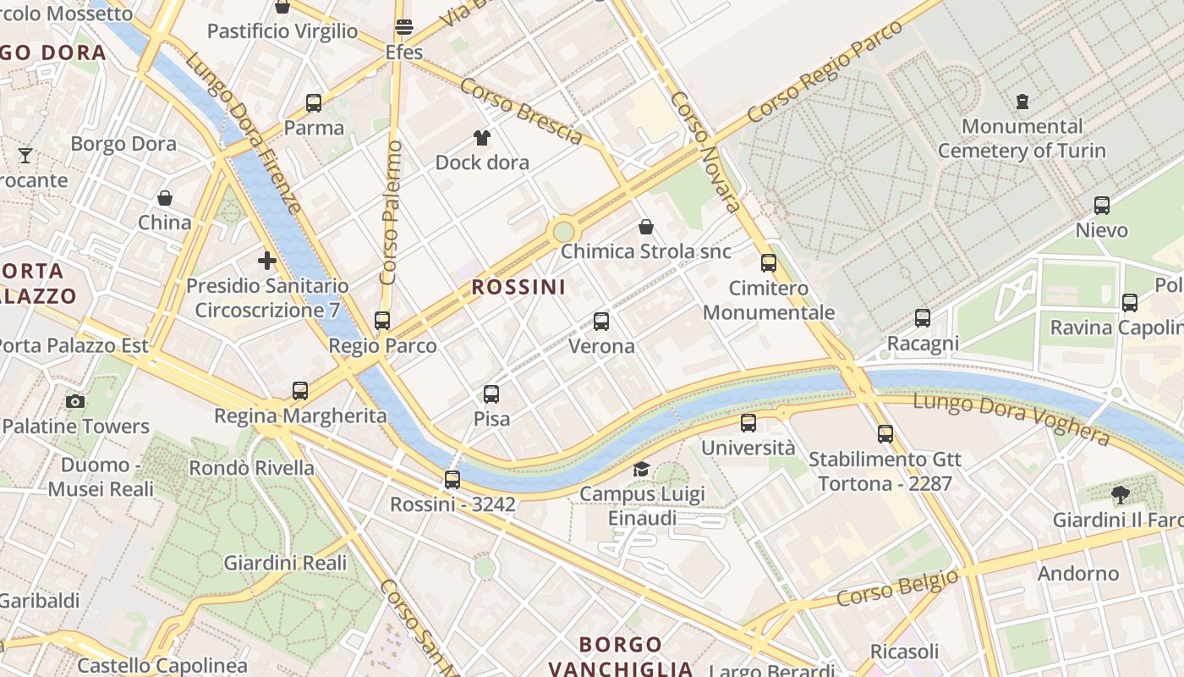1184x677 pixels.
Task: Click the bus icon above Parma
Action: click(314, 103)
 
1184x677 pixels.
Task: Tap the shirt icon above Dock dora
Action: click(482, 138)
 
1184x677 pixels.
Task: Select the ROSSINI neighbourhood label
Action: click(518, 287)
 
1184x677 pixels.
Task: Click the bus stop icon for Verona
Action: click(601, 322)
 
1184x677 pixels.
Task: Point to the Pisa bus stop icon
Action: click(491, 394)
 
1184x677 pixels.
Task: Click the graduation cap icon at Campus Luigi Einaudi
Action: click(642, 469)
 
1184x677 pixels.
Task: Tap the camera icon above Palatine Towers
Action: click(75, 402)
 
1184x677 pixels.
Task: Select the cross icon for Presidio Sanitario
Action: click(267, 261)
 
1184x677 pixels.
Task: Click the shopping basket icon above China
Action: click(165, 198)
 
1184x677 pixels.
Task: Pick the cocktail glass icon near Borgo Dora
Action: click(25, 156)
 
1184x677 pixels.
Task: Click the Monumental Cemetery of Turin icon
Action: click(1022, 102)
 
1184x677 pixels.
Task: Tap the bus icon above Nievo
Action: click(1101, 206)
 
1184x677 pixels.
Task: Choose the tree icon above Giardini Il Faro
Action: click(1121, 495)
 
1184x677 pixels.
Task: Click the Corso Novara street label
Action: click(706, 152)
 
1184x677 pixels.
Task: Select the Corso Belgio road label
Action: click(897, 587)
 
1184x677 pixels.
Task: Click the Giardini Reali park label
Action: click(285, 563)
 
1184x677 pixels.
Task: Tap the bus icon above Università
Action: click(748, 423)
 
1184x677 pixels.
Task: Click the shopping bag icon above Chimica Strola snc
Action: click(646, 227)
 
